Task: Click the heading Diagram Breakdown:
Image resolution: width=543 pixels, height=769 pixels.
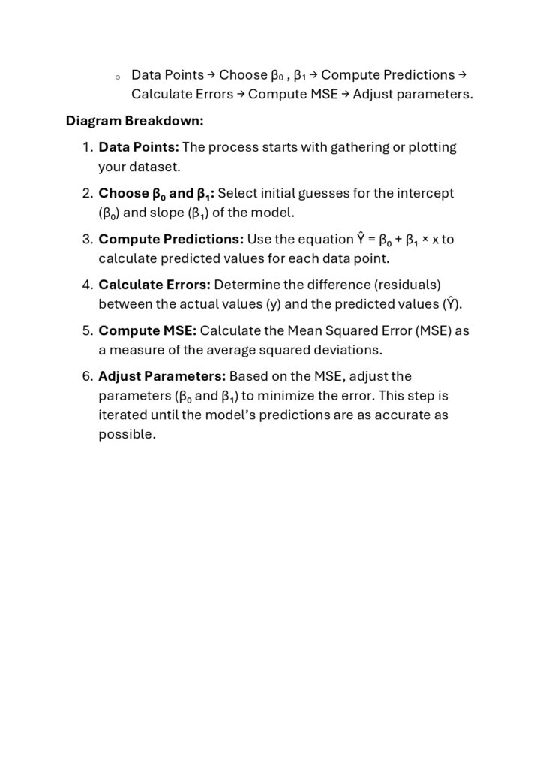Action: tap(134, 121)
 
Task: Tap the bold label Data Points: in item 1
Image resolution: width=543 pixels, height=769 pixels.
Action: tap(139, 147)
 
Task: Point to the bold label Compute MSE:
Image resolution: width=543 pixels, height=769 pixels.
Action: tap(148, 330)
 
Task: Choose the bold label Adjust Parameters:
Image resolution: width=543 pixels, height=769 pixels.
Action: tap(162, 376)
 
